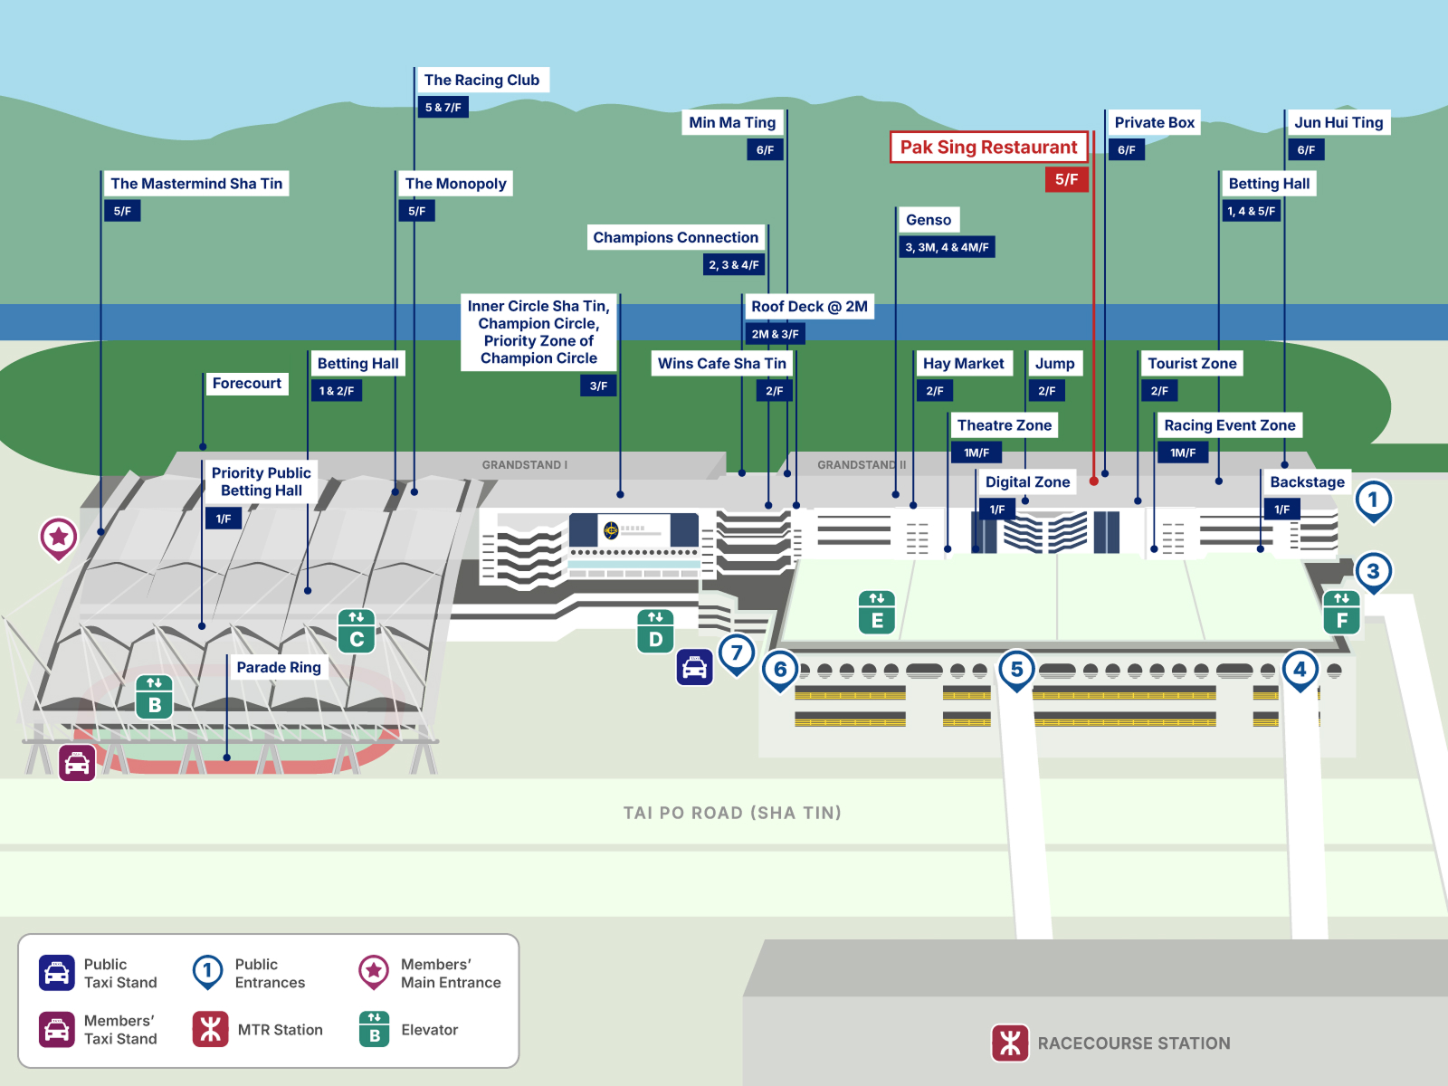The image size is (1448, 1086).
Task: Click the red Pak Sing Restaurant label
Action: pos(988,147)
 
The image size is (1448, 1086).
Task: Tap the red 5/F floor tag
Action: pos(1066,179)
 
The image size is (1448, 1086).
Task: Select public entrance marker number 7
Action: pos(736,654)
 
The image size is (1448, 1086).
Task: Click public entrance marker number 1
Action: pos(1374,501)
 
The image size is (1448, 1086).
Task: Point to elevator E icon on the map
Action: pos(877,612)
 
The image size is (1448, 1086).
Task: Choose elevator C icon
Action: pos(357,631)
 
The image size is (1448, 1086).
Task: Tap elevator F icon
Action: pos(1342,612)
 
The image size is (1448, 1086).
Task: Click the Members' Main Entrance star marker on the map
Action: pos(59,538)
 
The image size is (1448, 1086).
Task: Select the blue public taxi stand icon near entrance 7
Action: pos(695,667)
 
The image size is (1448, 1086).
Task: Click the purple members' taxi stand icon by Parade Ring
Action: pos(77,763)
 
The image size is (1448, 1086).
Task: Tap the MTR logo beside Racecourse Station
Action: pos(1010,1043)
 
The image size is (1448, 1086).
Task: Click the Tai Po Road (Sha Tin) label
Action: pos(732,813)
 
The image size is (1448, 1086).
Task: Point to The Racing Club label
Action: pos(481,80)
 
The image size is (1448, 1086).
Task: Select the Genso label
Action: pos(929,220)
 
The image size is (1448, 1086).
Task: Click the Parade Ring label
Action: pos(279,667)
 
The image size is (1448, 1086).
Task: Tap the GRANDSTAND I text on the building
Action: pos(524,465)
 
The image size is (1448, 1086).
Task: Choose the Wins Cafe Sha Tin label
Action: pos(721,363)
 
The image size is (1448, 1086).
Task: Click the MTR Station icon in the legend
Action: pos(211,1029)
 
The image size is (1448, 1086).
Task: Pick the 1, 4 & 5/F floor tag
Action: pos(1251,211)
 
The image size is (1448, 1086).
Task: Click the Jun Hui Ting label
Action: pos(1338,122)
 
